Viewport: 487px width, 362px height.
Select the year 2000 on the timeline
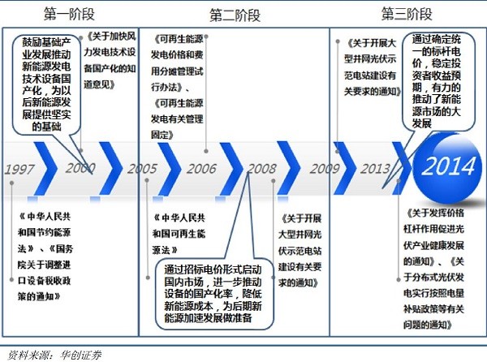pos(80,169)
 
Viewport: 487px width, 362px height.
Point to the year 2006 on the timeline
pos(201,170)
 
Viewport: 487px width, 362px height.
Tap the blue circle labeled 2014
pos(449,168)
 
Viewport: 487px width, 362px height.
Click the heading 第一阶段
pos(71,13)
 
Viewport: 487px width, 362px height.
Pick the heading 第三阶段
pos(406,13)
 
